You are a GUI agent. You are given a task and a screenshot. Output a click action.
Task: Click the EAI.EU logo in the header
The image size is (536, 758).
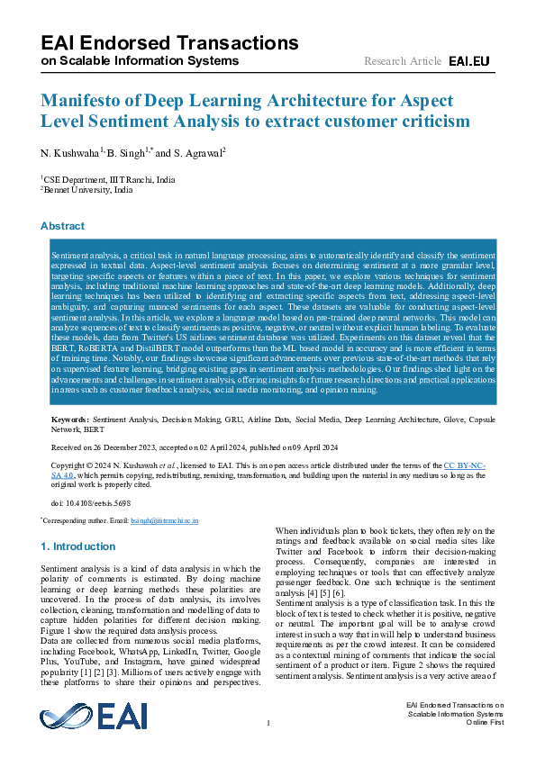(x=468, y=61)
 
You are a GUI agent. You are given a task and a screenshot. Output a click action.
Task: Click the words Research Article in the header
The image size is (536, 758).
(x=402, y=61)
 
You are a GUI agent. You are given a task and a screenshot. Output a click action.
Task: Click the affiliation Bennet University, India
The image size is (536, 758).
(x=88, y=190)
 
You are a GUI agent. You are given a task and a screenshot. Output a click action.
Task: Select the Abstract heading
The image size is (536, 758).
(x=62, y=226)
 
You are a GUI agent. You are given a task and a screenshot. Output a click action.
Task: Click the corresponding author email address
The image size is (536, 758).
(x=168, y=520)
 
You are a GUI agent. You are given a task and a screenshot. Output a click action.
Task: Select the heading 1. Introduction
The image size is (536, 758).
(x=78, y=546)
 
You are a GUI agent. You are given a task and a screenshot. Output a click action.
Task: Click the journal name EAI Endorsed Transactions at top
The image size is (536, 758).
(x=169, y=43)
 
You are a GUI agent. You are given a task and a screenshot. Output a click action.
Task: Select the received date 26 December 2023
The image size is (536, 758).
(x=122, y=446)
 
